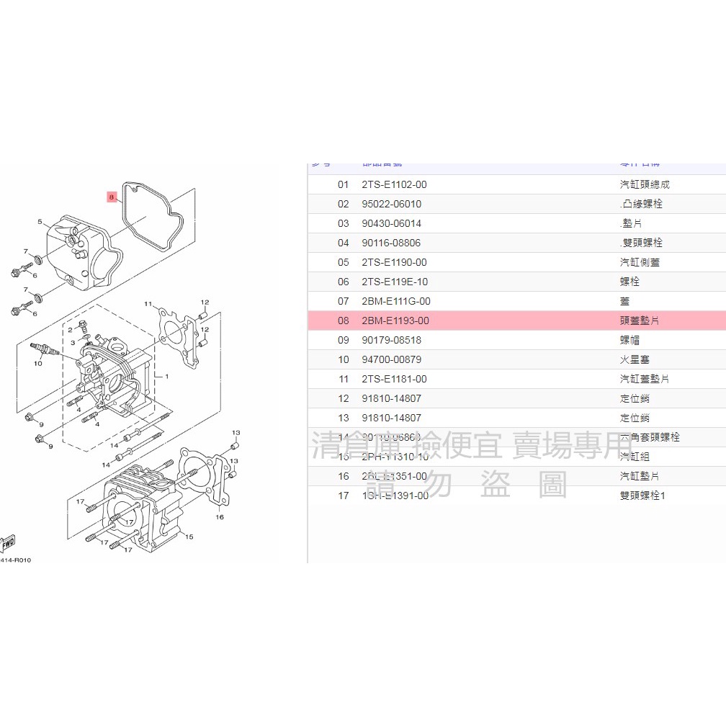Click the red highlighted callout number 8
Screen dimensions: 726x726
click(111, 196)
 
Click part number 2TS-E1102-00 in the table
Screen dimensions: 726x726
click(394, 184)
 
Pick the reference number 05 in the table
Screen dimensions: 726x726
click(343, 262)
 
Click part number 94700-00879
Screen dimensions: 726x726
click(391, 359)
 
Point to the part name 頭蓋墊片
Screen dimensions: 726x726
click(639, 321)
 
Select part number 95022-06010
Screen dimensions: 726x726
click(391, 204)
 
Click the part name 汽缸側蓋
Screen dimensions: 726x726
click(639, 262)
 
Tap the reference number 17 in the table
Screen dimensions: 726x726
click(343, 496)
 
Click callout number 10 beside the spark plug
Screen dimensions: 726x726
click(38, 363)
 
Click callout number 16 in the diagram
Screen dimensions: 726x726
click(220, 516)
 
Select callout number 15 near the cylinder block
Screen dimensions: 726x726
click(189, 537)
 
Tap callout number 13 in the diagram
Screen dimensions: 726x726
click(236, 432)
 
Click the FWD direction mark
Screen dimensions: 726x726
click(8, 542)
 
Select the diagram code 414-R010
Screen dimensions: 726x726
click(15, 560)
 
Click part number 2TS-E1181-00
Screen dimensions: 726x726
click(394, 379)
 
